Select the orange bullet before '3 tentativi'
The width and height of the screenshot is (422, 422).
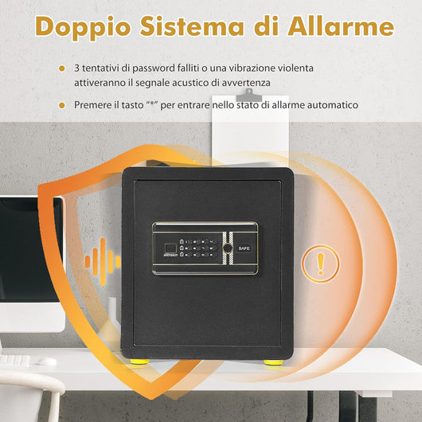pos(62,68)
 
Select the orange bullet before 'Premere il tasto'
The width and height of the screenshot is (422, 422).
pos(62,104)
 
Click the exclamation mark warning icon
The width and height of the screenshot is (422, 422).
pos(321,260)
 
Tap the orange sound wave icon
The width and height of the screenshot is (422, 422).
pos(102,260)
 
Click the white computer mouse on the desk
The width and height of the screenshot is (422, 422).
pos(48,361)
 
